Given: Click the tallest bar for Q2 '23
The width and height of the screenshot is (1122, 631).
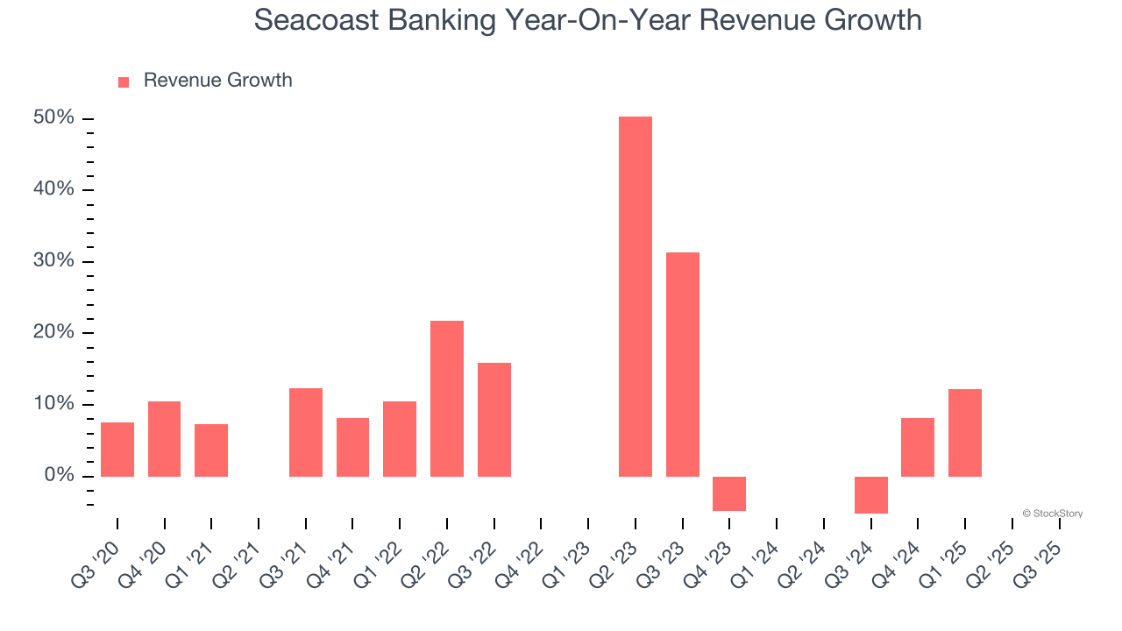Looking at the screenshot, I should [x=635, y=296].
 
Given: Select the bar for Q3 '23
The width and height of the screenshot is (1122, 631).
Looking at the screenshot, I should [x=682, y=364].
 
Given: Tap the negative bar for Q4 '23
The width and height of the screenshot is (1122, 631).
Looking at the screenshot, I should [x=728, y=493].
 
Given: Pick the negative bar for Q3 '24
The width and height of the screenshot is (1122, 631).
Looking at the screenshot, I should [x=870, y=494].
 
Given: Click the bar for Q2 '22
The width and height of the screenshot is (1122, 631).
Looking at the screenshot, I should [x=446, y=398].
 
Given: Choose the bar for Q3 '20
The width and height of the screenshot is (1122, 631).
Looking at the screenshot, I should [x=117, y=449].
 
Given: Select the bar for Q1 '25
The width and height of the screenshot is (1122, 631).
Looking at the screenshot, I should [x=964, y=432].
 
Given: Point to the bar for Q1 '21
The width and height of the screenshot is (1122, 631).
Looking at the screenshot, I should [x=211, y=450].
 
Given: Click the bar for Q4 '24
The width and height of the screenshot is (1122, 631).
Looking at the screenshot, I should [x=917, y=447].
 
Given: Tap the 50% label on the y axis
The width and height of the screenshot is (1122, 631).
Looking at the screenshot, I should [x=54, y=118].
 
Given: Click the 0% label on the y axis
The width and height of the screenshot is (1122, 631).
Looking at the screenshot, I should [x=60, y=476].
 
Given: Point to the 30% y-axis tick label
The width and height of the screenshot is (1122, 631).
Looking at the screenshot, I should [x=54, y=261].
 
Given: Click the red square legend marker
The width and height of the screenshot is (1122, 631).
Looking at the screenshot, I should [x=124, y=82].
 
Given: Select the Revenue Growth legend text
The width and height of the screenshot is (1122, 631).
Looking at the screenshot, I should [x=217, y=81].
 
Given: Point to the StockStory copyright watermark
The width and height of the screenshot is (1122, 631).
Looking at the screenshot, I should [x=1052, y=514].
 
